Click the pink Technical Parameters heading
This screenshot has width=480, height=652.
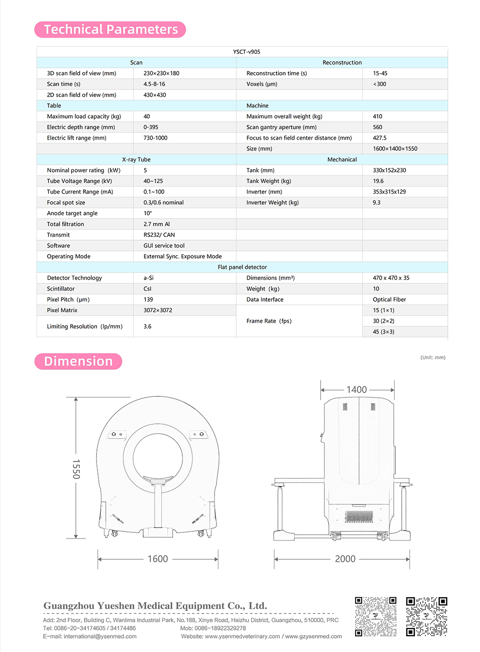point(110,30)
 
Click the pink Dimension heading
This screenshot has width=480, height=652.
point(78,361)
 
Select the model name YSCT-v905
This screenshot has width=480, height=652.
point(246,52)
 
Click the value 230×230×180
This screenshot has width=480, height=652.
point(161,74)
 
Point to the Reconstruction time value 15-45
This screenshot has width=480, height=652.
point(380,74)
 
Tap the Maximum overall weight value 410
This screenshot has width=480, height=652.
point(377,116)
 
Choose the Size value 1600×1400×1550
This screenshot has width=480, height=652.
point(395,148)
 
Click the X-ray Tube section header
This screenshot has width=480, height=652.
point(136,160)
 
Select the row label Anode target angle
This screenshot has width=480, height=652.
point(72,213)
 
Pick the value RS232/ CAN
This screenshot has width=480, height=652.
point(159,235)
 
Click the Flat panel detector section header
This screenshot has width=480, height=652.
point(242,267)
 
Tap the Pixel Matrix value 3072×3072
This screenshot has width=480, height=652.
point(157,310)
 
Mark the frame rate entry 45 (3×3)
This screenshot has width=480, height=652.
point(383,332)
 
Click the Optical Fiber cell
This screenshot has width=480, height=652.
point(389,299)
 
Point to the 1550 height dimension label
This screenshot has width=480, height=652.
point(76,468)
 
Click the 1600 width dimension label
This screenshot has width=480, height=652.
point(157,559)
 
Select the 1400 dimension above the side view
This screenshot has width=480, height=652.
point(357,390)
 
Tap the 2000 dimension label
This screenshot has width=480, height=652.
point(345,559)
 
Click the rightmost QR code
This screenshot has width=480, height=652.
point(426,617)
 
